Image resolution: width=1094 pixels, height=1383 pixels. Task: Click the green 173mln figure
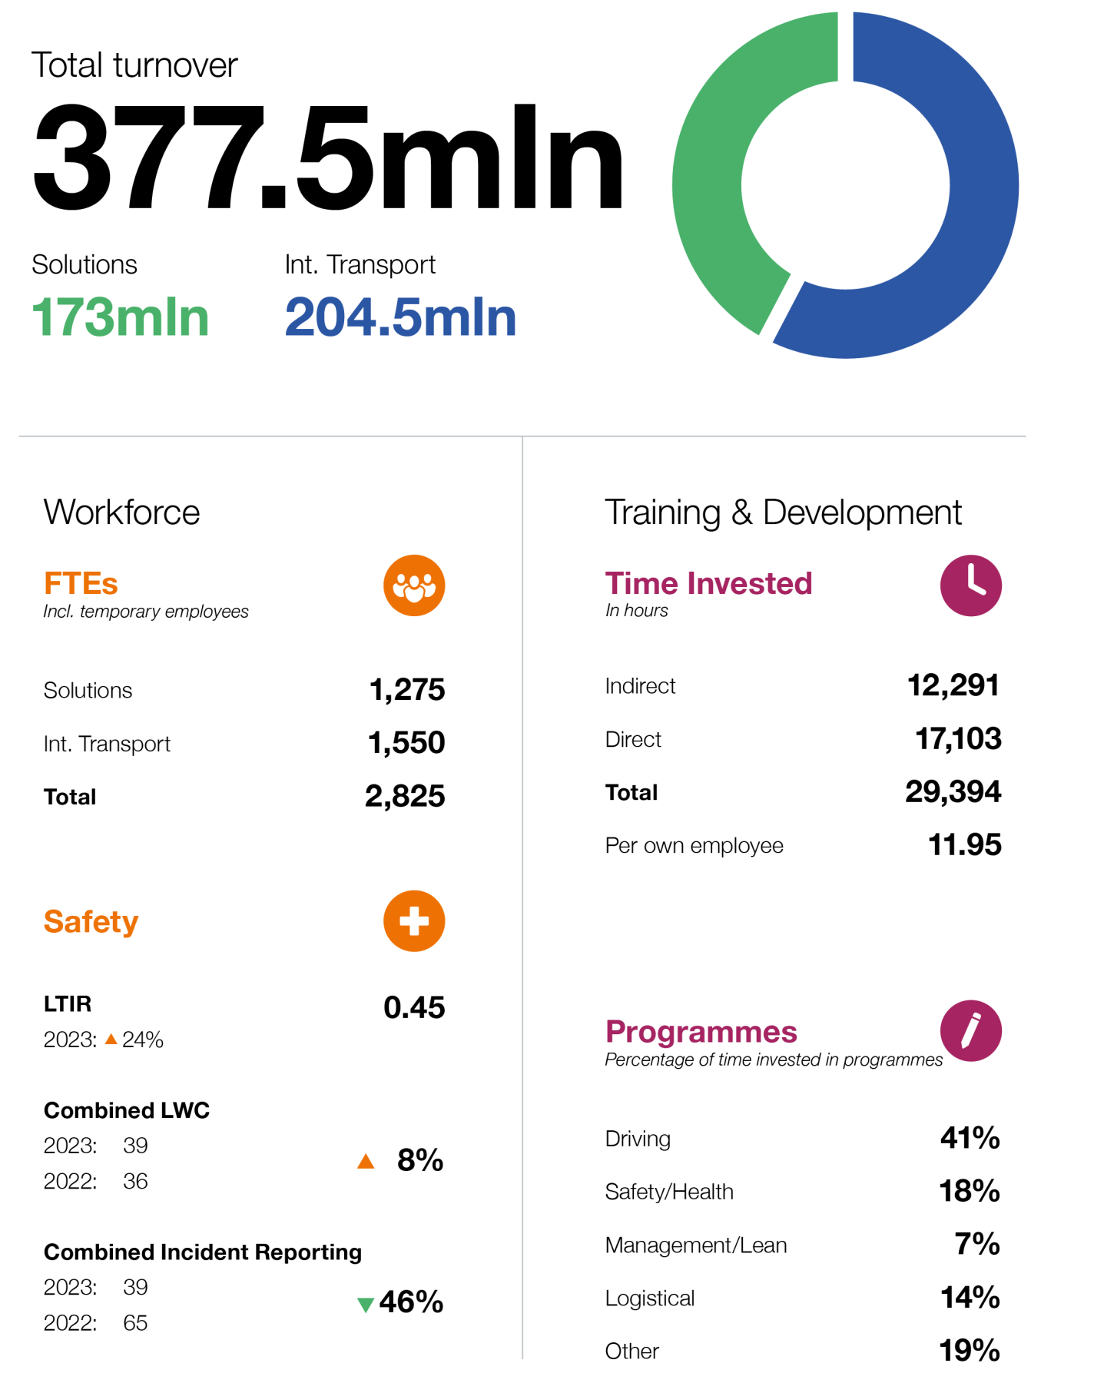(x=121, y=318)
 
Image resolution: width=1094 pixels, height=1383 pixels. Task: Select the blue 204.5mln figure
(x=400, y=318)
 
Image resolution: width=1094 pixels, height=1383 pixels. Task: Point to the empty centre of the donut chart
(x=845, y=185)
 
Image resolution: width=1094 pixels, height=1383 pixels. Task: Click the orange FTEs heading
(x=81, y=584)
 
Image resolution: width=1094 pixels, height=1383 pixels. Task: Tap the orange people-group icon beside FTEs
(x=414, y=585)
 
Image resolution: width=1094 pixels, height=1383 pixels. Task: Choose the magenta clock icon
(x=971, y=585)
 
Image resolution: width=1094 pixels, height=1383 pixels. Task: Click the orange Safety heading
(x=91, y=922)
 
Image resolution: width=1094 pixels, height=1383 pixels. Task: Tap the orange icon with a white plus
(x=414, y=921)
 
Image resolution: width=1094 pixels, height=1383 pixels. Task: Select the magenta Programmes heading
(x=701, y=1032)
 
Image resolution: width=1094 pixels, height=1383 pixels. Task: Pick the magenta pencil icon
(x=971, y=1031)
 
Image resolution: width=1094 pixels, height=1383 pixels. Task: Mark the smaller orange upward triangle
(x=111, y=1040)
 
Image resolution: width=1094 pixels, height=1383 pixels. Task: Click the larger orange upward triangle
(x=366, y=1162)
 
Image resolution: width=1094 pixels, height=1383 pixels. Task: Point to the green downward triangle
(x=366, y=1305)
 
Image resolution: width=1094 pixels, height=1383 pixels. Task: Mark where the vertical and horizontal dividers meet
(x=522, y=436)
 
